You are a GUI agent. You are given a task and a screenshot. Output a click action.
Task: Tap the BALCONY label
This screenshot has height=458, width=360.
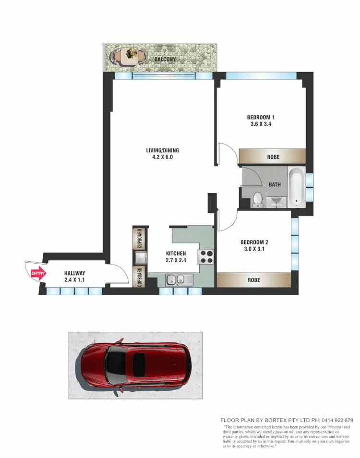(165, 60)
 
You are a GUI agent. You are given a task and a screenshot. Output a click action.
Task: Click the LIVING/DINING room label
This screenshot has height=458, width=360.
(163, 151)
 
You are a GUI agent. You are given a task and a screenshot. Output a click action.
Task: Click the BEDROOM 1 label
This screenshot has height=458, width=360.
(261, 118)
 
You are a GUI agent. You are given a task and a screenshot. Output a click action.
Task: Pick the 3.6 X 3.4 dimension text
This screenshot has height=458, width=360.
(261, 124)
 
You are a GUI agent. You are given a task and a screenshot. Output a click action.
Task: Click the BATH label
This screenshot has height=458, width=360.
(275, 184)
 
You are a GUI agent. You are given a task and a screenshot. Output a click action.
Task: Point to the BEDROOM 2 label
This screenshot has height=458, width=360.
(254, 242)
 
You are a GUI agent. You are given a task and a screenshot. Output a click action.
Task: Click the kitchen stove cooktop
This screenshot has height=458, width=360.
(206, 257)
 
